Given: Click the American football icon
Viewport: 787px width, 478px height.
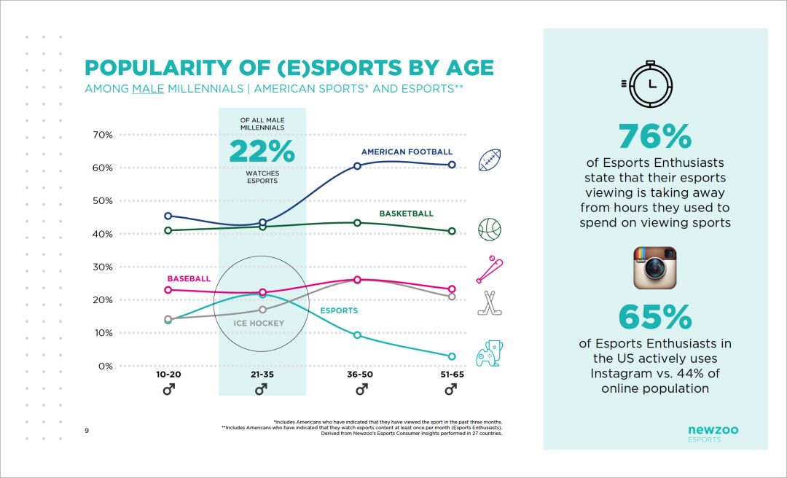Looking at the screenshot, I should coord(490,160).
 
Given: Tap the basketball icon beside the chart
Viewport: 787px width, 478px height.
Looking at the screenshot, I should coord(490,230).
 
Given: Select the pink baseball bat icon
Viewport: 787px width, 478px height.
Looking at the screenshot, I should coord(489,270).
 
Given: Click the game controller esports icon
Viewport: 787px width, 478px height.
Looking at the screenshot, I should coord(490,353).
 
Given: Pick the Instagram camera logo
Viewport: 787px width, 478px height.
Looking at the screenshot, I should coord(654,267).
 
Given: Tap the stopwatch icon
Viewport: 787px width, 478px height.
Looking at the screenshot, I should coord(654,84).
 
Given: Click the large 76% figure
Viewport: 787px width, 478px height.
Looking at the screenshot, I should coord(654,136).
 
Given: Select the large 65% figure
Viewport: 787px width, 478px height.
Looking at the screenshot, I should coord(654,317).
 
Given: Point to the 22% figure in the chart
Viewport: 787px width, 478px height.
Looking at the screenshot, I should coord(262,152).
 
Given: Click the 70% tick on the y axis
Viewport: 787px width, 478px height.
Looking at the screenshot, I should coord(102,135).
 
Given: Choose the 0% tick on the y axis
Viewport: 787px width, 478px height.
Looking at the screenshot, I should coord(105,366).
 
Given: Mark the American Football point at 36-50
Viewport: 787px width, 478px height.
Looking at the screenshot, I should coord(357,166).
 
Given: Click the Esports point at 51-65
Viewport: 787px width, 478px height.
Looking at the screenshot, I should coord(452,356).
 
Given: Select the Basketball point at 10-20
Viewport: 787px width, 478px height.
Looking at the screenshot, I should coord(168,230).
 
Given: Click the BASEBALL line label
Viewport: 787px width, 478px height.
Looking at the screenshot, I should coord(189,279).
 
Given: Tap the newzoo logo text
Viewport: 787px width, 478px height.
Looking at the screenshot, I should coord(713,430).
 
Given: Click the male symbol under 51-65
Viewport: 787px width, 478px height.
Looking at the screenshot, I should coord(451,391).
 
